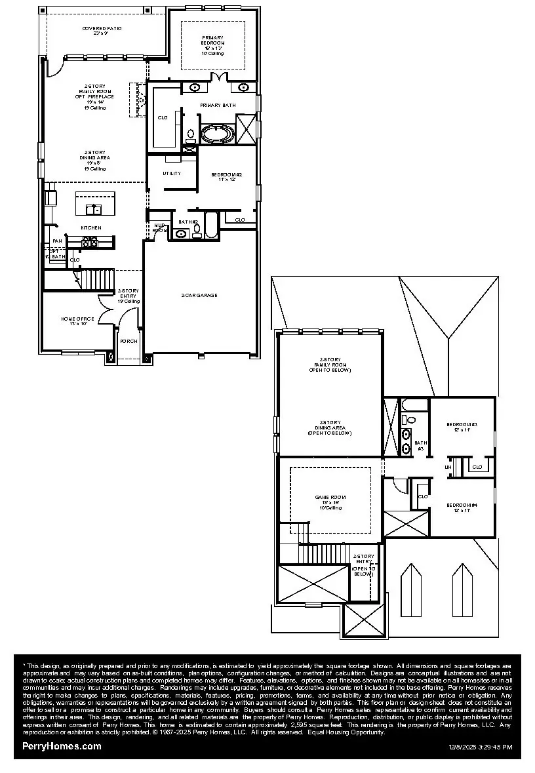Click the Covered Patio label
(102, 29)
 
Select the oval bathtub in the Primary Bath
(217, 134)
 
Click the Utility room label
(172, 173)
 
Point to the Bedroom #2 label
(227, 174)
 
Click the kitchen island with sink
(95, 204)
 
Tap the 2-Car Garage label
(199, 295)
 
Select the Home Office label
(77, 319)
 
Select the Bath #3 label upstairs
(420, 446)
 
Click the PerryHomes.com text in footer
(62, 746)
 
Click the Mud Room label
(159, 228)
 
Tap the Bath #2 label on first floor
(188, 222)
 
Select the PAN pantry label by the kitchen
(58, 241)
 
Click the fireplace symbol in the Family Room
(139, 100)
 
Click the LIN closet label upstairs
(449, 467)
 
